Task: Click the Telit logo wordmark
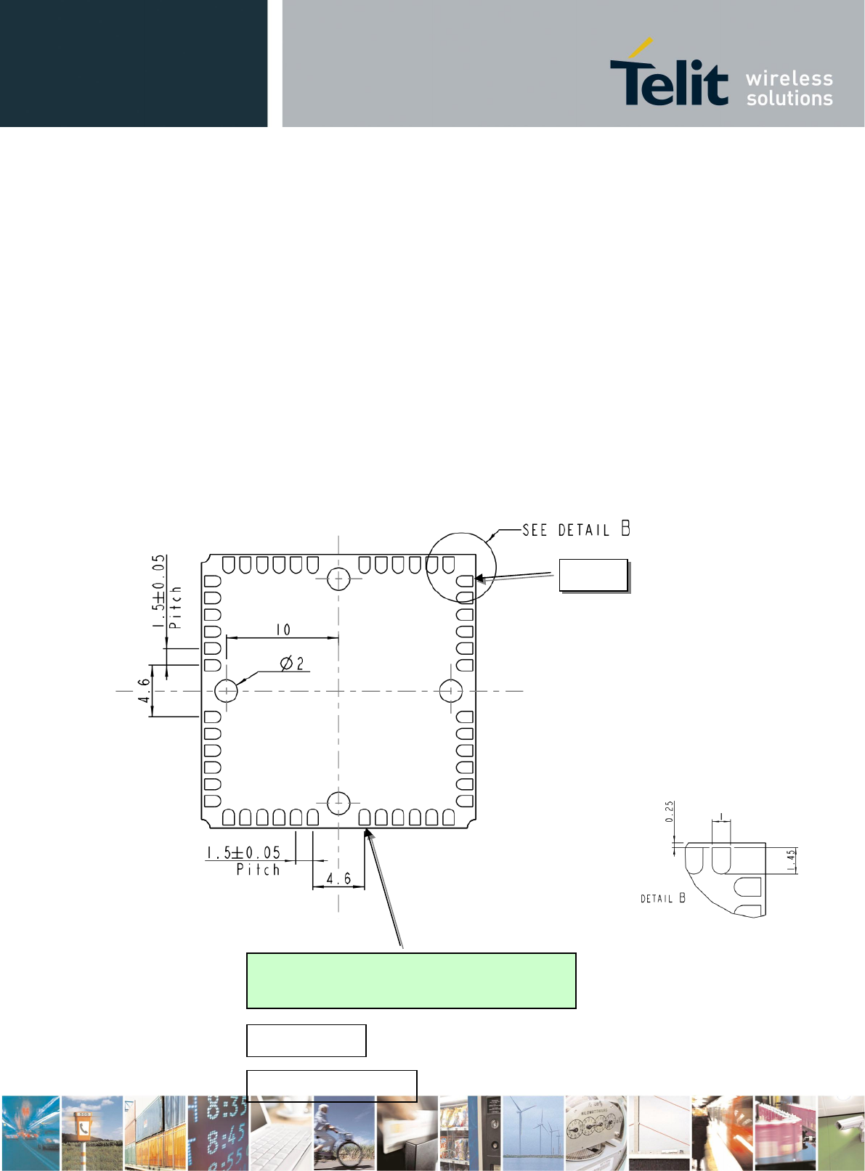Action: click(x=669, y=74)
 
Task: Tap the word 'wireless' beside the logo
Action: click(x=789, y=78)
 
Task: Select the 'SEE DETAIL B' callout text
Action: click(x=576, y=529)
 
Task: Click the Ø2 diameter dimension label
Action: click(x=292, y=663)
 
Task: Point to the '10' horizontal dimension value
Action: click(x=283, y=629)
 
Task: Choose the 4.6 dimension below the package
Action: click(x=338, y=878)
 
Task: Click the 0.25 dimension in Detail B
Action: click(x=670, y=812)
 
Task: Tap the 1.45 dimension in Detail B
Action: click(x=791, y=860)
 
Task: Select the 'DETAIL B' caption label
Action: click(x=662, y=897)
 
